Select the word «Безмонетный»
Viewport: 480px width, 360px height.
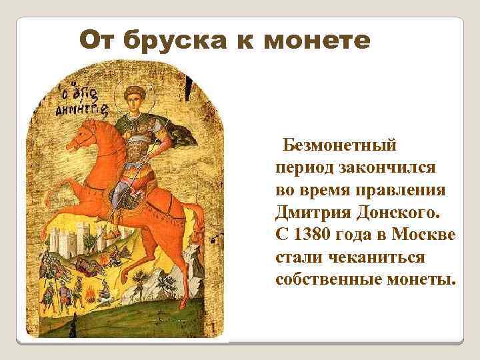tap(339, 143)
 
